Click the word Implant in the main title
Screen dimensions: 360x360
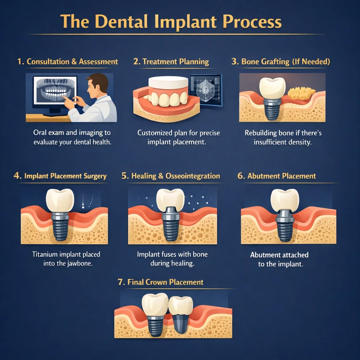tap(180, 22)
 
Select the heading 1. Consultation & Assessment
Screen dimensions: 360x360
tap(67, 62)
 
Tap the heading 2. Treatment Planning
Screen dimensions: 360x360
tap(171, 62)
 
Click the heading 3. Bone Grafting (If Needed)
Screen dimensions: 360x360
tap(281, 62)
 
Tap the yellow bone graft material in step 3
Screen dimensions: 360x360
tap(301, 93)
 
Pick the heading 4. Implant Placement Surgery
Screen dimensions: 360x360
tap(60, 176)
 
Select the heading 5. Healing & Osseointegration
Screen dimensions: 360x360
tap(171, 176)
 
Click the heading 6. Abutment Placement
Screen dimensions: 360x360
tap(277, 176)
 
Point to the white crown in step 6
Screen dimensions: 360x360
tap(284, 199)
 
